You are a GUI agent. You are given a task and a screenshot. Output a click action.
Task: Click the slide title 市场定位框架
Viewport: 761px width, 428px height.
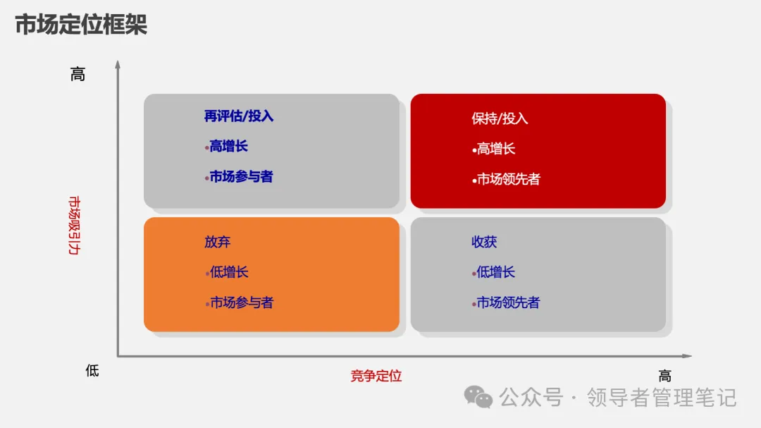[x=81, y=25]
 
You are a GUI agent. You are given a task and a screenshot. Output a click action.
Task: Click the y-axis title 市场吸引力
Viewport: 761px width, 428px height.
[x=73, y=225]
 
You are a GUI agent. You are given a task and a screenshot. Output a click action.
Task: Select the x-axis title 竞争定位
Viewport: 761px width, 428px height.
[x=376, y=376]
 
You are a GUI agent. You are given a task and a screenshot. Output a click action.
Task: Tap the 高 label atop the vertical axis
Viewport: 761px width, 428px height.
[x=78, y=74]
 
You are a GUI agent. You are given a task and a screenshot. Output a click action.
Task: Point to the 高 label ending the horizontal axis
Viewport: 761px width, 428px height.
[x=664, y=376]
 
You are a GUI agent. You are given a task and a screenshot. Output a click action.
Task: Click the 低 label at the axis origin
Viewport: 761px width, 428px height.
[x=92, y=370]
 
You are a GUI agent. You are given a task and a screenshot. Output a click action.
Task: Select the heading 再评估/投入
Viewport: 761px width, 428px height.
[x=239, y=116]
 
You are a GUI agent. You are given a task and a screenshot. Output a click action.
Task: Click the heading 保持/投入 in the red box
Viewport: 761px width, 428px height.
[x=500, y=118]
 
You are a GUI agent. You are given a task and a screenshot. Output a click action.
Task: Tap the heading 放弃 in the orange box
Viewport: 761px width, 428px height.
[x=218, y=242]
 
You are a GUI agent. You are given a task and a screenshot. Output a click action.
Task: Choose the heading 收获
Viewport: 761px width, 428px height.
[x=484, y=242]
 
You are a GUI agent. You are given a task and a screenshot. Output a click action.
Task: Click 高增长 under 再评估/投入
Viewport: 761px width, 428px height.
[x=228, y=147]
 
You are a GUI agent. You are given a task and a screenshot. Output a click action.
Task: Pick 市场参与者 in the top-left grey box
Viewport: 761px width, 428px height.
[x=241, y=177]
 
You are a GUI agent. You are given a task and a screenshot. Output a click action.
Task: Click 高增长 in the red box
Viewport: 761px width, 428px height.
[x=496, y=149]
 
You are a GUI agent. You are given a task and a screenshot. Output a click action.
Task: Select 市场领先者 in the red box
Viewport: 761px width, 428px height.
[x=508, y=179]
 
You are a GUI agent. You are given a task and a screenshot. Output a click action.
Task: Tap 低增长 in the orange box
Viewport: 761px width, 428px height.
[x=229, y=272]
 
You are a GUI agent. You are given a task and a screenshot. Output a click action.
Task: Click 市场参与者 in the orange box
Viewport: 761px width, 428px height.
[x=241, y=303]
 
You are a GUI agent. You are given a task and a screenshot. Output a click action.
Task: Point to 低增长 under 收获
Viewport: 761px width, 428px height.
[x=495, y=272]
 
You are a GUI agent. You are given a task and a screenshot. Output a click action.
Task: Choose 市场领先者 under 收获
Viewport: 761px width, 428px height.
[x=508, y=303]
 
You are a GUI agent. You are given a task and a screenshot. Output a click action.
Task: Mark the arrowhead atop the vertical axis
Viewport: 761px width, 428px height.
[x=118, y=64]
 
